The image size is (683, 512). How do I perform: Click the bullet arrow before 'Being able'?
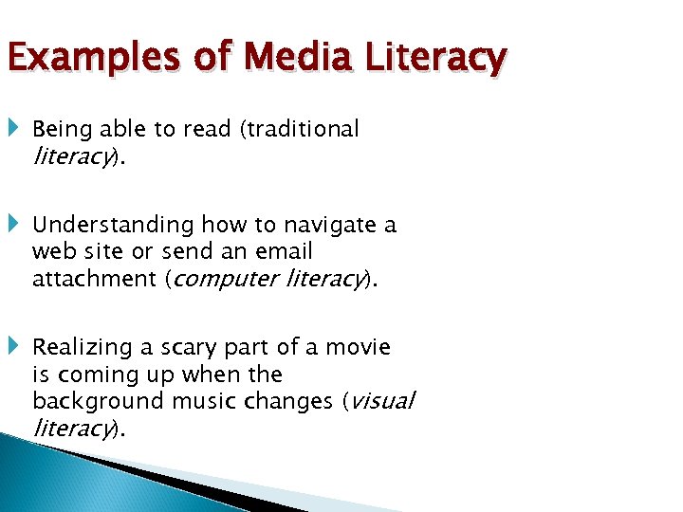click(16, 127)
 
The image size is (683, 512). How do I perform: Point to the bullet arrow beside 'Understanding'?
click(16, 224)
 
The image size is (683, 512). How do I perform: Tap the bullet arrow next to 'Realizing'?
click(16, 346)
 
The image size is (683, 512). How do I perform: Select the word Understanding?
click(113, 226)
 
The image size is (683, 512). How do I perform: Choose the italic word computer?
click(225, 279)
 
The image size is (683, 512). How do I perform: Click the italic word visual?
click(382, 401)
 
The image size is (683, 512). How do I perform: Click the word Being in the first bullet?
click(60, 129)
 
